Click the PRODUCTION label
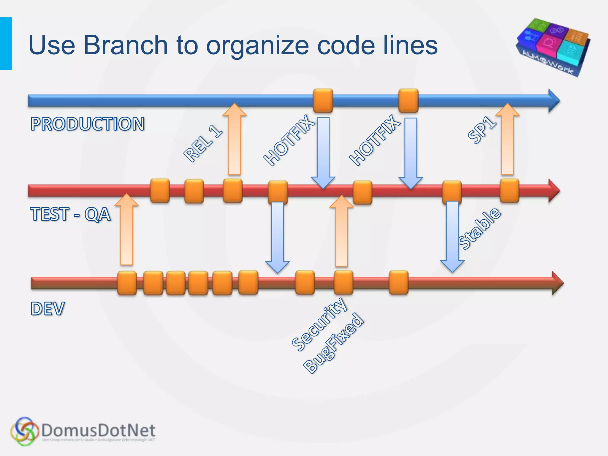(x=88, y=124)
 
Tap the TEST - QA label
(x=70, y=214)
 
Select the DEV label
(x=47, y=308)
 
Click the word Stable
(x=479, y=229)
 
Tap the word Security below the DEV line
(x=319, y=324)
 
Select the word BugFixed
(x=333, y=343)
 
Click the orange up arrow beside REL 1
(x=235, y=140)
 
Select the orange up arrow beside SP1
(x=507, y=140)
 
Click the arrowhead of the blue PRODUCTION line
(x=554, y=101)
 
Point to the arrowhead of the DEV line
(x=557, y=283)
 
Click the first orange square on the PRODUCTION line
(x=323, y=101)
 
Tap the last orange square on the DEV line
(x=398, y=282)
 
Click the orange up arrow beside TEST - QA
(x=127, y=230)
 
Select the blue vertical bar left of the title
(x=6, y=44)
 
